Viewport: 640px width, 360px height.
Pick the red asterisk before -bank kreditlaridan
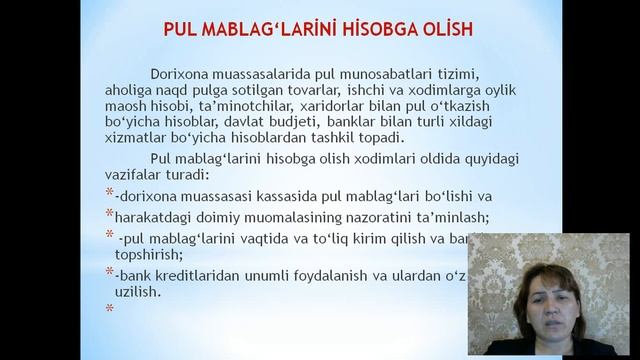click(109, 273)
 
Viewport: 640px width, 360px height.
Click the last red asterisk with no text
click(109, 308)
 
